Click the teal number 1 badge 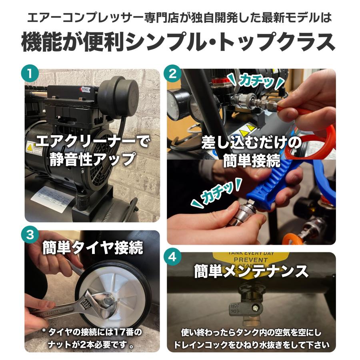pyautogui.click(x=30, y=74)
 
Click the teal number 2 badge pyautogui.click(x=172, y=74)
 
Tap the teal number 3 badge pyautogui.click(x=30, y=235)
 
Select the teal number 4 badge pyautogui.click(x=172, y=257)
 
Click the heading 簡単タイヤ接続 pyautogui.click(x=93, y=248)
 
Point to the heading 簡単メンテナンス pyautogui.click(x=251, y=271)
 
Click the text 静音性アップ pyautogui.click(x=92, y=159)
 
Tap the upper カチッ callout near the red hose pyautogui.click(x=256, y=82)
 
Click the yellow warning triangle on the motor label pyautogui.click(x=30, y=148)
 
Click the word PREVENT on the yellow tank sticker pyautogui.click(x=251, y=260)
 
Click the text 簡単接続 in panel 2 pyautogui.click(x=252, y=161)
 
